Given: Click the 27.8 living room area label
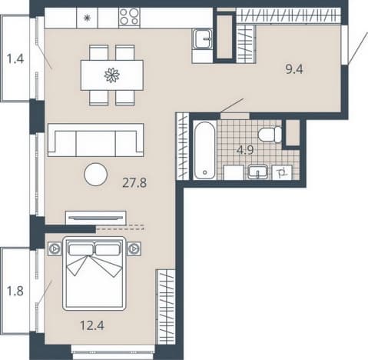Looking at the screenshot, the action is [134, 183].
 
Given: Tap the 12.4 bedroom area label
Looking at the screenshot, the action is [92, 325].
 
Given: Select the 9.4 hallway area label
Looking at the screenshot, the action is [294, 69].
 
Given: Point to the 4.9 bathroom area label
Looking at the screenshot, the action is [245, 150].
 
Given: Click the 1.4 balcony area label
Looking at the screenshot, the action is [15, 58].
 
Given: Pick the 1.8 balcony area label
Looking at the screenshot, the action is [15, 291].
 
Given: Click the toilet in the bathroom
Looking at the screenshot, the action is [270, 135].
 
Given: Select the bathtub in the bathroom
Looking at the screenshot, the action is [204, 151].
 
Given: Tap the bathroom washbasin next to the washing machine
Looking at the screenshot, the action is [258, 172].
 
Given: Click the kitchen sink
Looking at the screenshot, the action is [203, 38].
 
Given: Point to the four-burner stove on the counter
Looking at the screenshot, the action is [129, 17].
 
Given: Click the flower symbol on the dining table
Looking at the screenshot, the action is [112, 75].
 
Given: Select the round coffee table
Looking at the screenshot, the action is [95, 175].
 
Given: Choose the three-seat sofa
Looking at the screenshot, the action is [95, 140].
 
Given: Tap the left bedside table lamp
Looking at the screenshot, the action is [55, 248].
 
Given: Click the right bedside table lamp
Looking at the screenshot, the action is [134, 248].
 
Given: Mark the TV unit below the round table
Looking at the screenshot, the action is [95, 218].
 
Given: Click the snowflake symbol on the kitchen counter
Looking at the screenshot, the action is [88, 18].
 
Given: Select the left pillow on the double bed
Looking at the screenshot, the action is [81, 249].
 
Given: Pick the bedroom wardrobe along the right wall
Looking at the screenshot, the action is [166, 307].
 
